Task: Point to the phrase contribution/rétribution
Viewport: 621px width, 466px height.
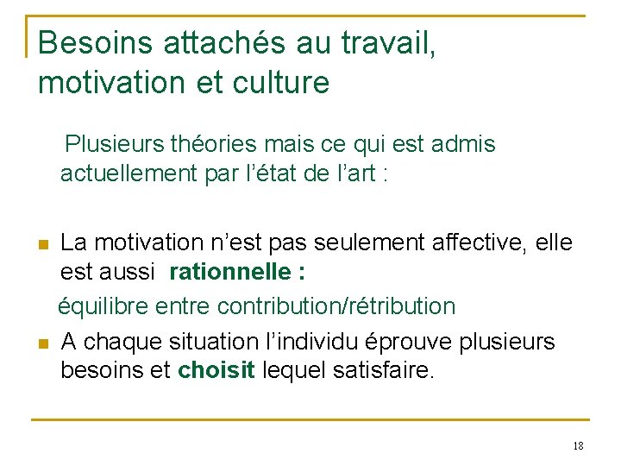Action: [x=337, y=305]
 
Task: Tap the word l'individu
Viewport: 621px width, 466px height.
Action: [x=323, y=341]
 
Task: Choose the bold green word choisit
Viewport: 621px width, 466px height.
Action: [x=216, y=372]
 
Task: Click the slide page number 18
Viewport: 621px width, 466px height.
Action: [x=578, y=445]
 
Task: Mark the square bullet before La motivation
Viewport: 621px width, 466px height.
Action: [x=44, y=244]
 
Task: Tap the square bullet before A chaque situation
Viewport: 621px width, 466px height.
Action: [x=44, y=343]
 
